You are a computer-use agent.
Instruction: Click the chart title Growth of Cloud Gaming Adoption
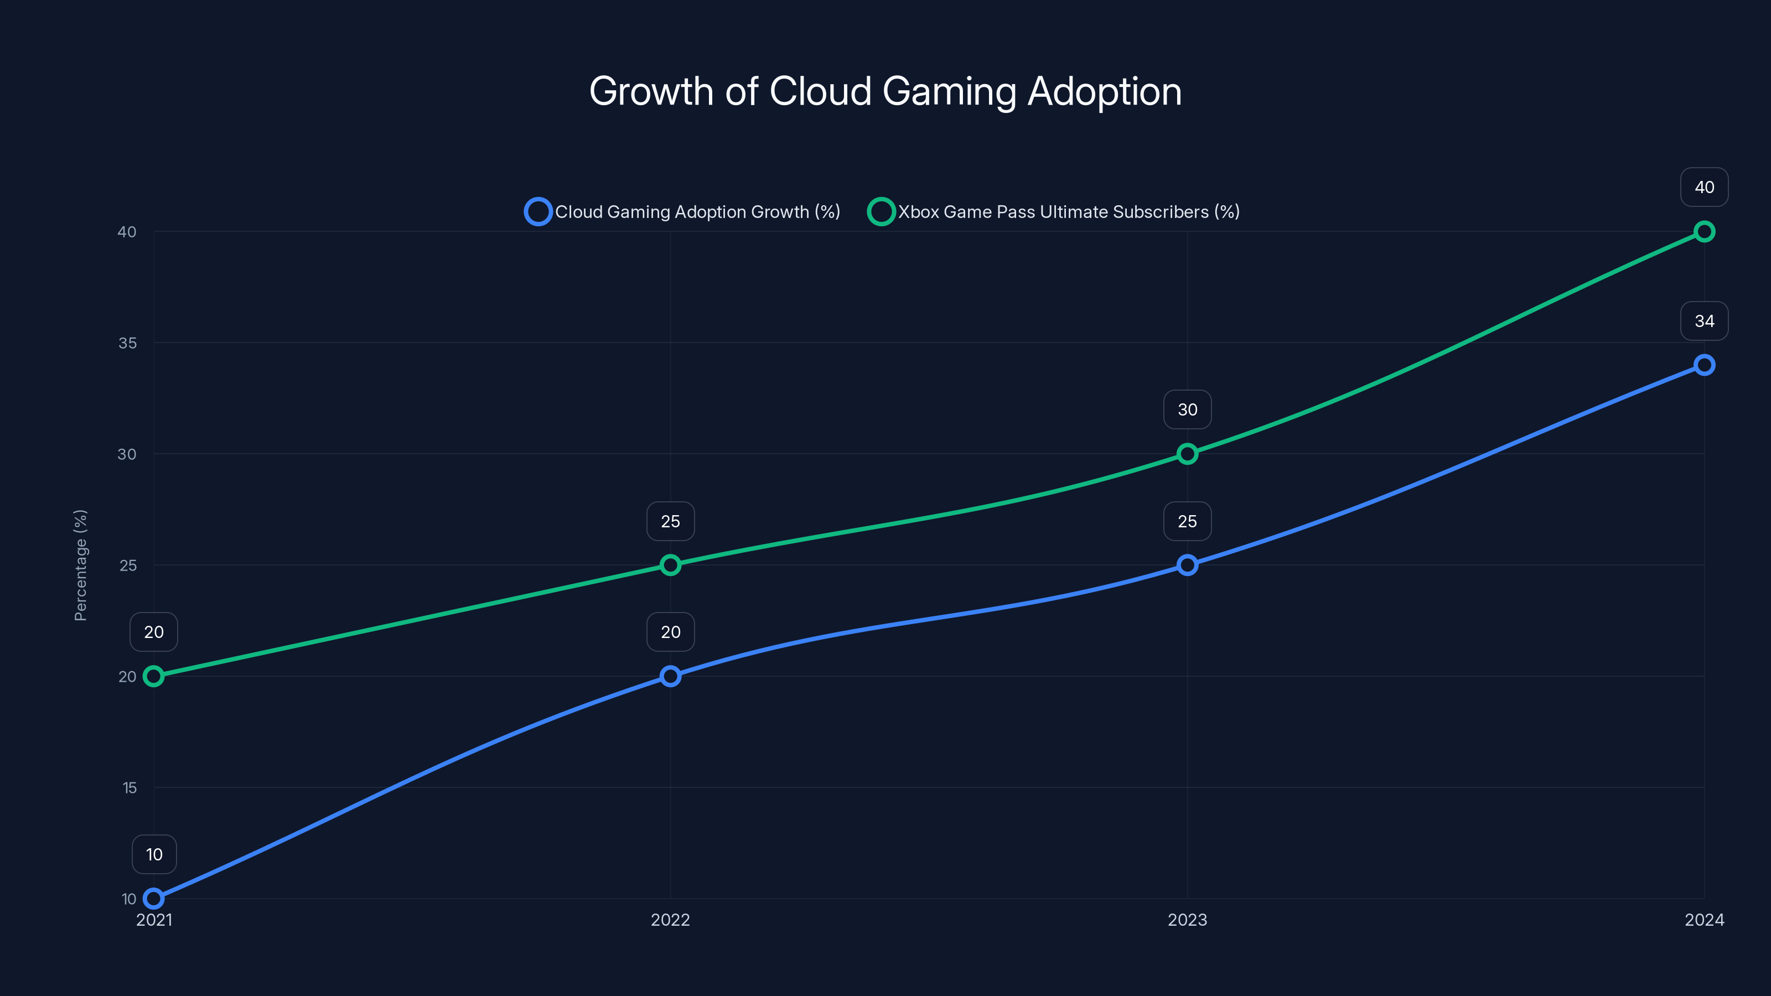tap(885, 91)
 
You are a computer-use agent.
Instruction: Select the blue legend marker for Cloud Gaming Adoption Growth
tap(537, 212)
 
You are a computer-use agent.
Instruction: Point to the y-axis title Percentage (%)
tap(80, 565)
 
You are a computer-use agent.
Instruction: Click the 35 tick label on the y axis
tap(127, 343)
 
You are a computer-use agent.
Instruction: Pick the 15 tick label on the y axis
tap(130, 788)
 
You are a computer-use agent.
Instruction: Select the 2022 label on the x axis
tap(670, 920)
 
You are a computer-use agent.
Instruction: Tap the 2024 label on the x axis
tap(1703, 920)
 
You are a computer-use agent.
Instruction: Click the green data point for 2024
tap(1703, 232)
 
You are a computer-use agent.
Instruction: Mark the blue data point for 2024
tap(1703, 365)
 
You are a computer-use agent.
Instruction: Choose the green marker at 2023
tap(1187, 454)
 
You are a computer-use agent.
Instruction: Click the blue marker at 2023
tap(1187, 565)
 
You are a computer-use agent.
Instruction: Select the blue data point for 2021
tap(154, 899)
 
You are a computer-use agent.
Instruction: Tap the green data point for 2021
tap(154, 676)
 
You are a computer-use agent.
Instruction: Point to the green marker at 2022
tap(670, 565)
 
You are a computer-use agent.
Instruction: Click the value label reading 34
tap(1703, 321)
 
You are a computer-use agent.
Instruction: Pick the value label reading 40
tap(1703, 187)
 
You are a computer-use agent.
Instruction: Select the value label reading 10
tap(154, 854)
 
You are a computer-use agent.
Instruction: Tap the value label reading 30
tap(1187, 409)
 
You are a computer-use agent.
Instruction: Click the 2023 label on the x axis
tap(1187, 920)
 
